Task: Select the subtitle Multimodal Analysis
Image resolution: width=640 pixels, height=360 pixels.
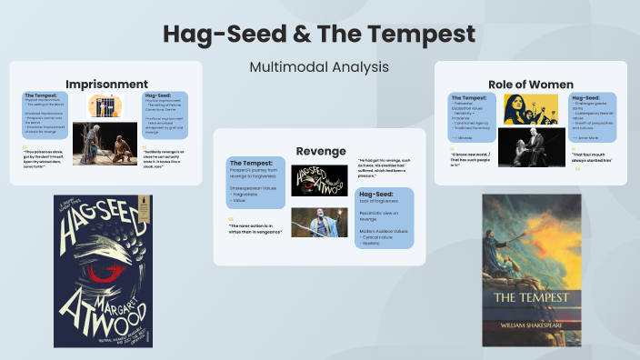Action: [319, 66]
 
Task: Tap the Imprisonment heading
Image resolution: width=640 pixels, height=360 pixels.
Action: [106, 84]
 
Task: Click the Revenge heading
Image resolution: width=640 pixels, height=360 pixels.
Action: [320, 149]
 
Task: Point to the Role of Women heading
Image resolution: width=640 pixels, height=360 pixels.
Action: [530, 83]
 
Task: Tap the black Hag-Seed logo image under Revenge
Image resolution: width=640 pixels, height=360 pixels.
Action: [319, 178]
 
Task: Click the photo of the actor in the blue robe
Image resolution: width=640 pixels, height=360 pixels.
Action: [318, 223]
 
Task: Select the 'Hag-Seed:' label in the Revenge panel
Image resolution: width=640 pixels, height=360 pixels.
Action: [376, 194]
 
